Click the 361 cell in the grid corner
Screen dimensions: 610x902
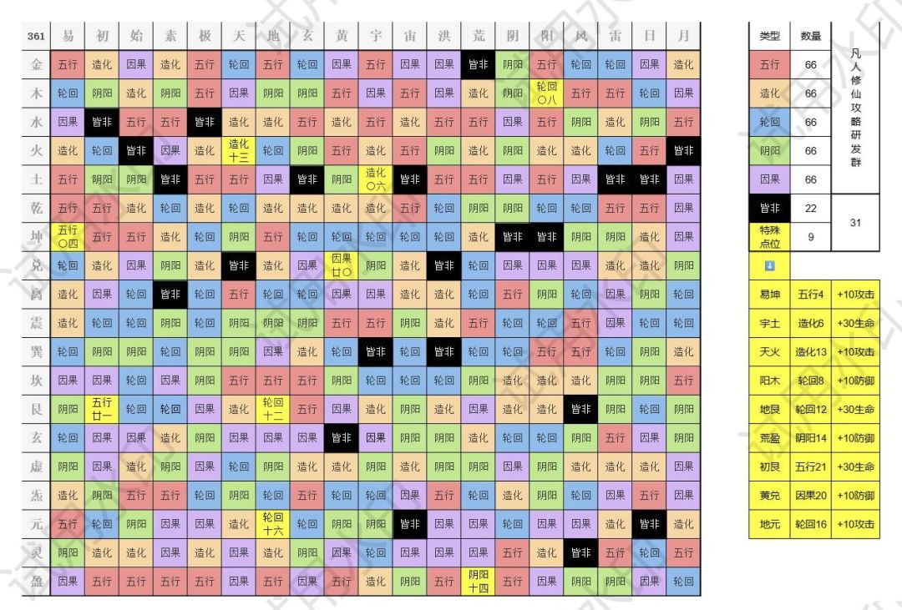[36, 36]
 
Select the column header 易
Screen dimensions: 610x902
[68, 36]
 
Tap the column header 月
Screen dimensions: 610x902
[683, 36]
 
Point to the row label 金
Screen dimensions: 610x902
[36, 64]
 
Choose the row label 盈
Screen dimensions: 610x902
[36, 581]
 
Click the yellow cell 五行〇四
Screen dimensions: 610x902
[68, 236]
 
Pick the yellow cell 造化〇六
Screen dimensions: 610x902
[375, 179]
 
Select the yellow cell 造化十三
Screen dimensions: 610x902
[239, 150]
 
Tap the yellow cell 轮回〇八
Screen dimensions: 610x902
[546, 93]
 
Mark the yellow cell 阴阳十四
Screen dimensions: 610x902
[478, 581]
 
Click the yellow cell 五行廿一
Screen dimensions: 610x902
[102, 409]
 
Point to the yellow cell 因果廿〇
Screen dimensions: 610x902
[341, 265]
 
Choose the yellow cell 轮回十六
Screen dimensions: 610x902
[273, 523]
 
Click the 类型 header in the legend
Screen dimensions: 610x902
[769, 36]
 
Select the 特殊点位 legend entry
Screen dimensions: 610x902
[769, 237]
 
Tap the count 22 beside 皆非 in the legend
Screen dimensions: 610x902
[810, 208]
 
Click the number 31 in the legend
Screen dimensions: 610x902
[854, 223]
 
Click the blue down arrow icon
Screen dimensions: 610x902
[769, 265]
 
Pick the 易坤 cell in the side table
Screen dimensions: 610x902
[769, 295]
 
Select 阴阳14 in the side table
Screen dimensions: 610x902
[810, 438]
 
